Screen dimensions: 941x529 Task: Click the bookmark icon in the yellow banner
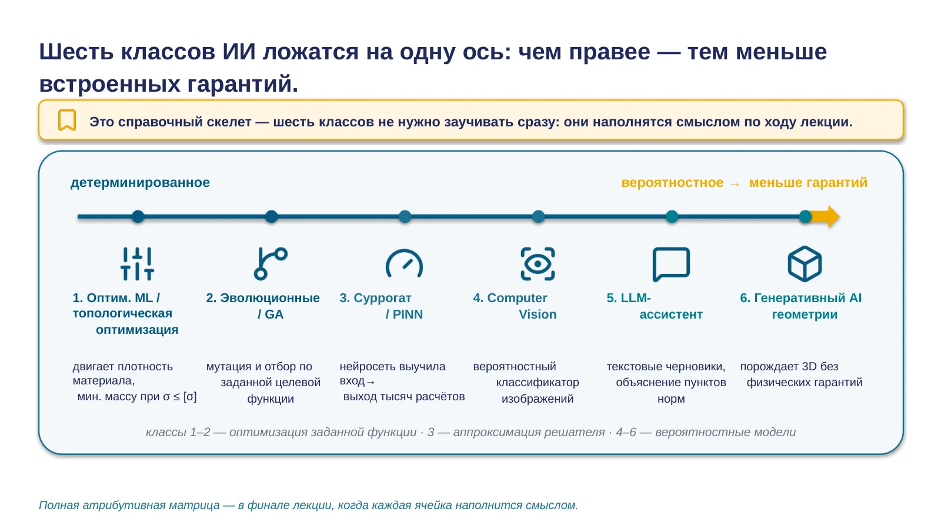tap(67, 120)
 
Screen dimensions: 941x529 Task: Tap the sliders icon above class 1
tap(138, 264)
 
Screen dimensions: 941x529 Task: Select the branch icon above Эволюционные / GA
tap(271, 264)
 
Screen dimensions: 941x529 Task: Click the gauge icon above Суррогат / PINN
tap(404, 264)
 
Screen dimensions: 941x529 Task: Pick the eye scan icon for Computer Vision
tap(538, 264)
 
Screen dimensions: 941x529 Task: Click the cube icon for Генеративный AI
tap(805, 264)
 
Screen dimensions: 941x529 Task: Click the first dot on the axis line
tap(138, 217)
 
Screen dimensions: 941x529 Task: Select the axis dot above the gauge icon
tap(405, 217)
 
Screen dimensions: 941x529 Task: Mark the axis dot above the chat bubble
tap(672, 217)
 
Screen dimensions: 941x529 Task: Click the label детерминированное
tap(140, 183)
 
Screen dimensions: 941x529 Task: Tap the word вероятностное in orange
tap(672, 183)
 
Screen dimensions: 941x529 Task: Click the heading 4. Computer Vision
tap(515, 306)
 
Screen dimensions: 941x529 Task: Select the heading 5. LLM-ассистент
tap(655, 306)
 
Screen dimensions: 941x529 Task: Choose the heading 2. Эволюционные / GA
tap(263, 306)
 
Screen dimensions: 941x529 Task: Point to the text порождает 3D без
tap(789, 367)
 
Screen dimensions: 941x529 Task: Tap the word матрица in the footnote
tap(194, 505)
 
